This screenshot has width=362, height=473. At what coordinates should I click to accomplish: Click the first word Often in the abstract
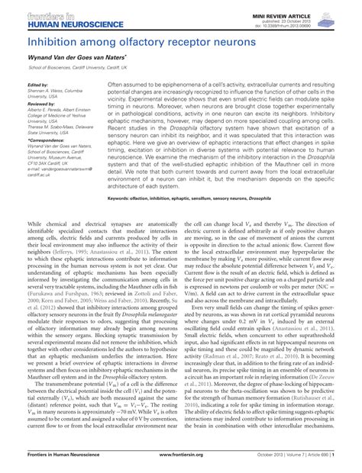tap(117, 85)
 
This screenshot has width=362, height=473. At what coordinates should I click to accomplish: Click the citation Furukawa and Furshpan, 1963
tap(55, 290)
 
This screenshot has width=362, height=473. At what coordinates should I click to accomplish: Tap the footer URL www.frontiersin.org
tap(179, 465)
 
